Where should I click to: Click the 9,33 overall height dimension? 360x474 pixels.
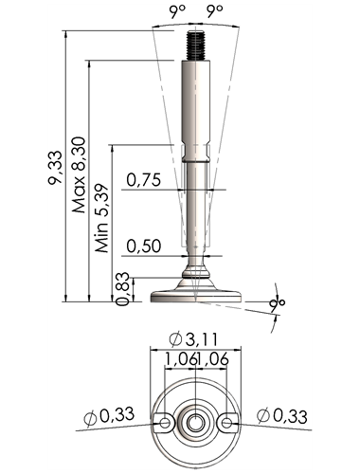click(54, 168)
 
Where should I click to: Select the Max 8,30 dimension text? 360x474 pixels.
click(79, 174)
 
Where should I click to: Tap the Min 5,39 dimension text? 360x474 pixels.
click(102, 218)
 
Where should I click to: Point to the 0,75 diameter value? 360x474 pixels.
click(144, 180)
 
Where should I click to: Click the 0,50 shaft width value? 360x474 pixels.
click(144, 246)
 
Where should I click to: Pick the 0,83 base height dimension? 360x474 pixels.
click(122, 288)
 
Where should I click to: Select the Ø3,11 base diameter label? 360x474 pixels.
click(193, 339)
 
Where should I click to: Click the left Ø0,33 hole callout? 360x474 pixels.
click(109, 416)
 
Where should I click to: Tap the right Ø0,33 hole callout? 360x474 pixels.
click(282, 416)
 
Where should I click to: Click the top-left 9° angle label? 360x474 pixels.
click(177, 11)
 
